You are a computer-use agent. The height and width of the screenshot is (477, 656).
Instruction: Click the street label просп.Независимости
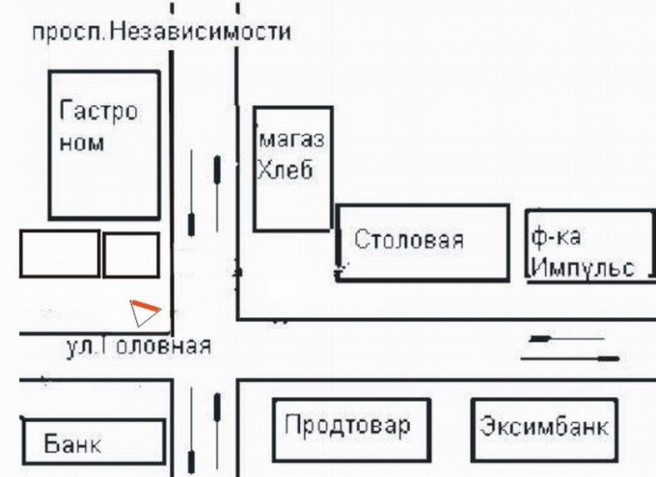(x=162, y=34)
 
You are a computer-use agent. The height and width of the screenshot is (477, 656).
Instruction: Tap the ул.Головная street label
(x=138, y=346)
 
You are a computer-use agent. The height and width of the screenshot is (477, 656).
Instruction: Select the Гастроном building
(x=104, y=144)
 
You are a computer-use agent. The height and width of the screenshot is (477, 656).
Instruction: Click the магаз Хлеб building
(x=293, y=169)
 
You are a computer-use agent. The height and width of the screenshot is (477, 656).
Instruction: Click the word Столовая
(x=409, y=240)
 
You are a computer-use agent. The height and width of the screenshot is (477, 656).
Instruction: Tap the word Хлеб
(x=285, y=169)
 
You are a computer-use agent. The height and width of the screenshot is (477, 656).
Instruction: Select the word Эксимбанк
(x=544, y=428)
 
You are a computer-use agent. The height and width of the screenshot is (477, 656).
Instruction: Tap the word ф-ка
(x=556, y=238)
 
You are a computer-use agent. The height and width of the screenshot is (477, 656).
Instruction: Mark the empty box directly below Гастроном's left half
(x=59, y=253)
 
